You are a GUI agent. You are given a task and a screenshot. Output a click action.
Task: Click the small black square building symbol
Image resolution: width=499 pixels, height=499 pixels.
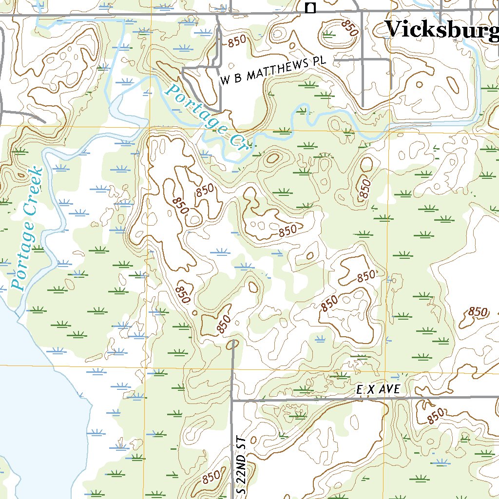coord(310,7)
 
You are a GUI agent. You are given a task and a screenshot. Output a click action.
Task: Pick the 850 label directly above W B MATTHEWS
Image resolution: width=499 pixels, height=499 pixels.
coord(237,41)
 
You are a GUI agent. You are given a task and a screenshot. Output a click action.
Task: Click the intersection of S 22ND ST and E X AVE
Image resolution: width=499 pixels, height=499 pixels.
coord(232,400)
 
